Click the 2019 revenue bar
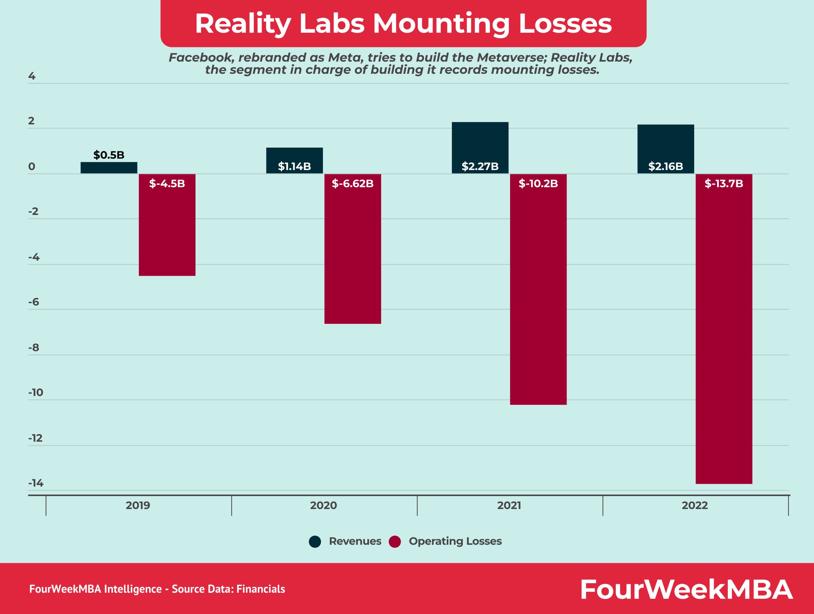click(x=109, y=168)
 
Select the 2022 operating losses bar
click(x=724, y=331)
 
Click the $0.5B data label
click(x=109, y=155)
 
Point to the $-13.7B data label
click(x=724, y=183)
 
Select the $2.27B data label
click(x=480, y=167)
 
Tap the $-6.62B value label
click(x=353, y=183)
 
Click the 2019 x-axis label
click(x=138, y=506)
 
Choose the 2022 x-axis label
click(x=695, y=506)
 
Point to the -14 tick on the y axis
click(x=36, y=483)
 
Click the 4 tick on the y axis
click(x=32, y=76)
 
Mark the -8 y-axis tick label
click(x=34, y=348)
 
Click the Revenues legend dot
click(x=315, y=542)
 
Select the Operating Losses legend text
click(x=455, y=541)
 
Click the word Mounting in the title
click(x=441, y=24)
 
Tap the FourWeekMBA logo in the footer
click(x=686, y=589)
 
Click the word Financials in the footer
click(x=260, y=589)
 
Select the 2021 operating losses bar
click(x=538, y=291)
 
